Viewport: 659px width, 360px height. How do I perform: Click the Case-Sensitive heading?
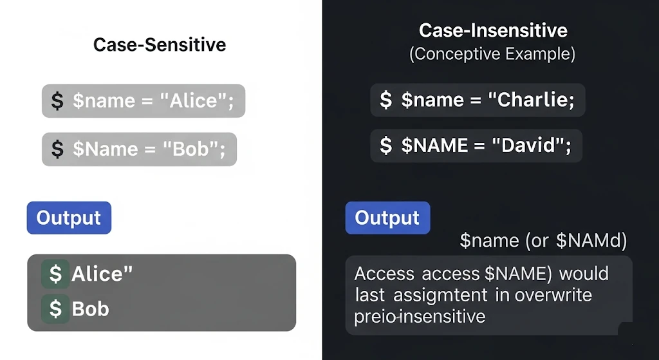tap(160, 44)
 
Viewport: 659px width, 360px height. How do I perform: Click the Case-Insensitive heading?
tap(493, 30)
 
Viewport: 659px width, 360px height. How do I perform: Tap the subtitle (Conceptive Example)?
tap(492, 53)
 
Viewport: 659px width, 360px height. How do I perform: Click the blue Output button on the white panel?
tap(69, 218)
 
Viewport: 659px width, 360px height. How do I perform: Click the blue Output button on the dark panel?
tap(387, 218)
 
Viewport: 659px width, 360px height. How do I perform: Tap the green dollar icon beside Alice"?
tap(55, 274)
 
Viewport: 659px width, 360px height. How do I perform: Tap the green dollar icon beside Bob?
tap(55, 309)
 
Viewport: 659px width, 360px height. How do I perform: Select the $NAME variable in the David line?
tap(435, 146)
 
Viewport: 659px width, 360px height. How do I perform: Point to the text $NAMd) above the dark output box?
tap(591, 241)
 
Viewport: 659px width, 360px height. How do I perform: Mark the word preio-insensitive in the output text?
tap(419, 316)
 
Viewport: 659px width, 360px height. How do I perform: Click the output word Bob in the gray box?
tap(90, 309)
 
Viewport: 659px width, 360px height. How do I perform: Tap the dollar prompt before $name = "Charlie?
tap(386, 100)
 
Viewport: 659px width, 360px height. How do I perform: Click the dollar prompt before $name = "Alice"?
tap(58, 101)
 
